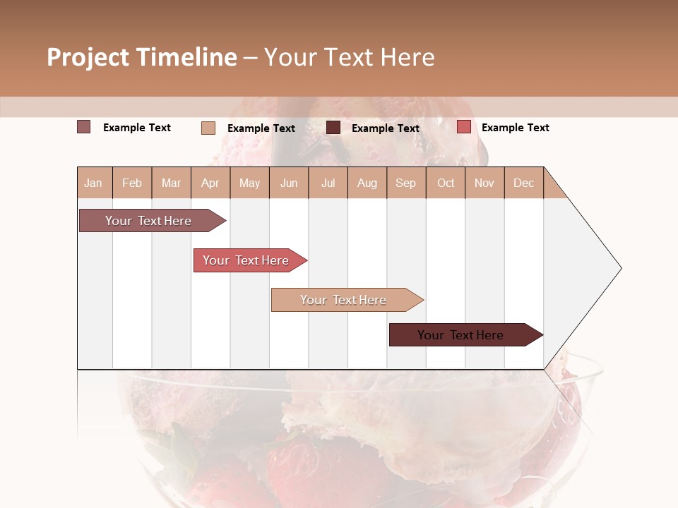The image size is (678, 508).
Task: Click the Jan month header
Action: point(93,183)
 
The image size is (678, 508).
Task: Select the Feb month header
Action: point(132,183)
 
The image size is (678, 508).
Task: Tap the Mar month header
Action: point(171,183)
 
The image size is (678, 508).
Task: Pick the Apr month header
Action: point(210,183)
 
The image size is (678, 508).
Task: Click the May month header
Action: point(249,183)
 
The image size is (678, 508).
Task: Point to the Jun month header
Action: point(289,183)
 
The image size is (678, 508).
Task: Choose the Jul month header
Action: point(328,183)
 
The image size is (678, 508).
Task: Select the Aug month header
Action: point(367,183)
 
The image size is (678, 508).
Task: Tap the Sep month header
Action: point(405,183)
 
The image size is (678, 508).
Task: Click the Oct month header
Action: point(446,183)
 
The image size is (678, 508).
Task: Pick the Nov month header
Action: point(484,183)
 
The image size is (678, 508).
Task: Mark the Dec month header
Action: point(523,183)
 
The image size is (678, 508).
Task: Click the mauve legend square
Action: point(84,127)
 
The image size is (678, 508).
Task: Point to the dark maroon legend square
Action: point(333,128)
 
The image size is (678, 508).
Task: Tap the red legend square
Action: point(463,127)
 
